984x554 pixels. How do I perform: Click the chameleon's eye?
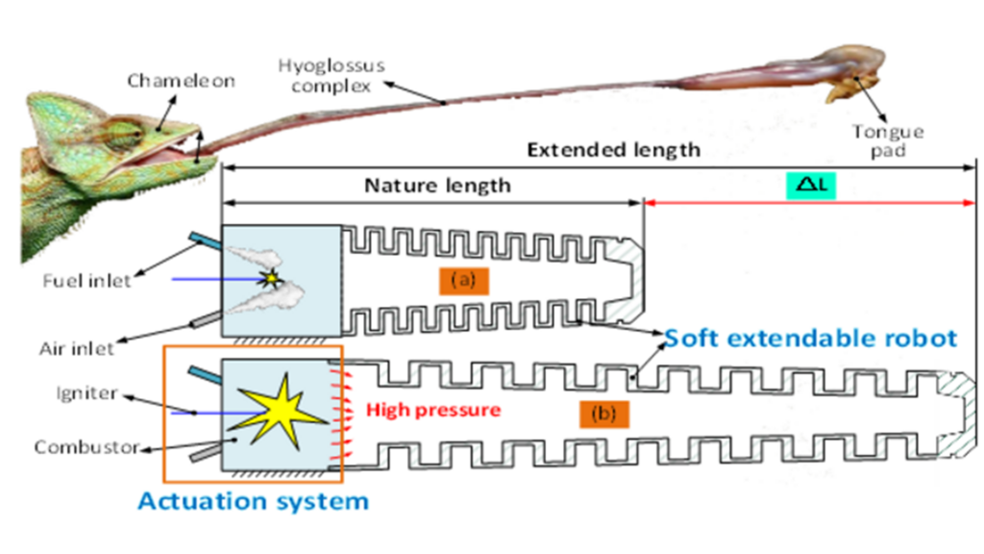tap(119, 135)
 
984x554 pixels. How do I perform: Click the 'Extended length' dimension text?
tap(614, 150)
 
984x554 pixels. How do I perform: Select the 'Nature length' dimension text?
tap(437, 186)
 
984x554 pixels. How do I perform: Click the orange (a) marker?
tap(465, 281)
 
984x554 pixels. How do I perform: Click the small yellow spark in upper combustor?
tap(272, 280)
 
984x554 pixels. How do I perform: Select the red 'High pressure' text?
tap(433, 410)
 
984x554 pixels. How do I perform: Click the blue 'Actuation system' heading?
tap(253, 501)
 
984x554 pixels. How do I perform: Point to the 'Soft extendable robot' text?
tap(810, 339)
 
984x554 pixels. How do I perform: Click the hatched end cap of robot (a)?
tap(624, 280)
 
